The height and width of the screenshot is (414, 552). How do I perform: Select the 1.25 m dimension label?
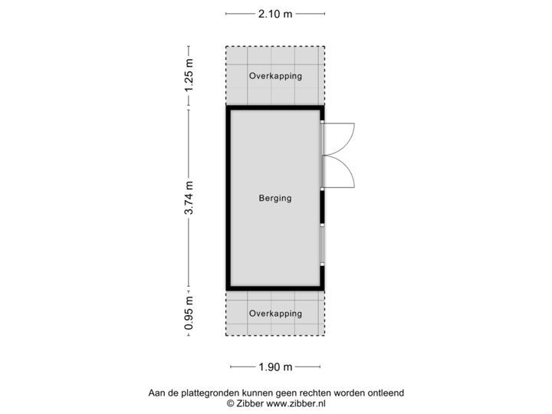[189, 75]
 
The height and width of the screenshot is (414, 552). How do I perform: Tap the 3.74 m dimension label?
[189, 198]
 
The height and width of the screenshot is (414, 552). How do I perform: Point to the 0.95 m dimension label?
[189, 313]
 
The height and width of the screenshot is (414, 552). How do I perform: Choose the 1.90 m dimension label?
[275, 367]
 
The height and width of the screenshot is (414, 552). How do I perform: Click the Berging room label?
[275, 199]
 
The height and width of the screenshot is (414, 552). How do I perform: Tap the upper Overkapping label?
[275, 76]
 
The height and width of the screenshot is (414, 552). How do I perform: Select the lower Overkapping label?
[275, 314]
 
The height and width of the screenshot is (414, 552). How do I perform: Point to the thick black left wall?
[226, 198]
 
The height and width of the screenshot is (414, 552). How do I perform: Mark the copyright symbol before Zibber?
[229, 402]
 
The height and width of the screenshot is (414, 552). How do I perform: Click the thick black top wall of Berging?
[274, 108]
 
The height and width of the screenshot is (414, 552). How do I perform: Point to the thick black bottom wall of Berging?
[274, 289]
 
